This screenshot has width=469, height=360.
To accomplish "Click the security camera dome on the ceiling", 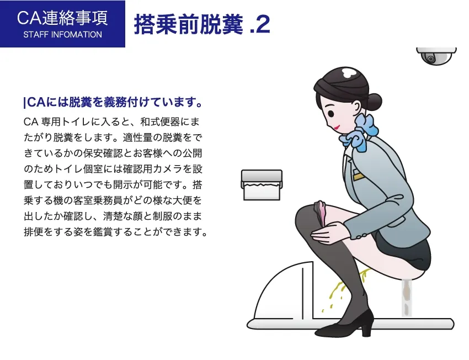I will point(436,56).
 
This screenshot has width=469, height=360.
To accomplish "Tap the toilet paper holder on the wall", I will point(262,184).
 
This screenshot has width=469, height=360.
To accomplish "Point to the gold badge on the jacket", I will point(359,177).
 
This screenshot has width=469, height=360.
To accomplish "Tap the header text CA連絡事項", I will point(62,18).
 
